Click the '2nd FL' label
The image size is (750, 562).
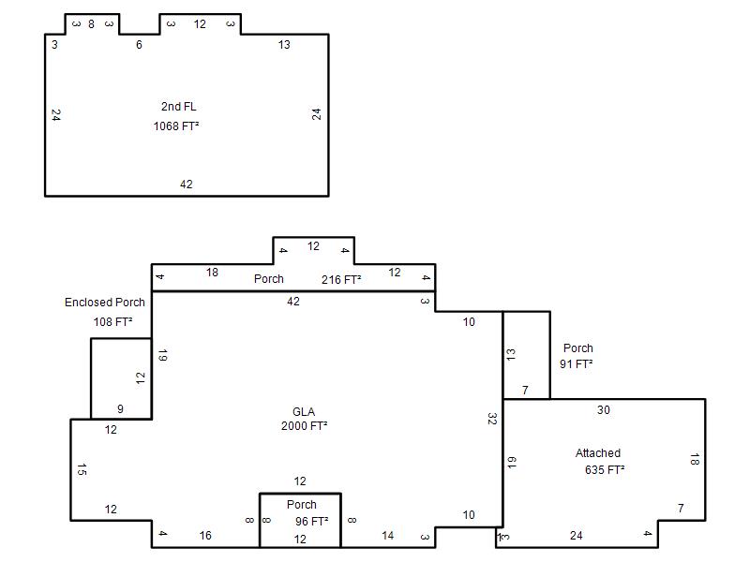click(x=178, y=107)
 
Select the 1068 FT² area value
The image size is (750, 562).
click(x=176, y=126)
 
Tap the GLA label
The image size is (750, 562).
click(x=304, y=411)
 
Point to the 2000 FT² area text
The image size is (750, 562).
click(x=304, y=426)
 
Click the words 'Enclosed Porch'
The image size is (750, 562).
click(x=105, y=303)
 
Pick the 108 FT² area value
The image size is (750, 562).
click(x=112, y=321)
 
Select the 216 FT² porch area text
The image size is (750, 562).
click(x=341, y=279)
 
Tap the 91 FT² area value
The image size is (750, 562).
click(x=577, y=364)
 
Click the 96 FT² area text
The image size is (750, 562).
click(x=312, y=522)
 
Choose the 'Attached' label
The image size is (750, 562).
click(x=598, y=453)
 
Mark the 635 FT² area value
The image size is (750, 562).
click(x=605, y=470)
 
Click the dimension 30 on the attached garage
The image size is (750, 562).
click(x=604, y=410)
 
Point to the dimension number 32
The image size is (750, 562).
click(x=492, y=419)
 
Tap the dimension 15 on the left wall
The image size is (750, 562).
click(x=82, y=470)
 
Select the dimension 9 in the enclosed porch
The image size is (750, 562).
click(x=121, y=409)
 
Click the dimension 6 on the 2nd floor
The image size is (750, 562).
click(x=139, y=45)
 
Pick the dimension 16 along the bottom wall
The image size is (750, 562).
click(x=205, y=535)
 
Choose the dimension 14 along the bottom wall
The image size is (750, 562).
click(x=388, y=535)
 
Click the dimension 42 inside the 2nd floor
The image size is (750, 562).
click(x=186, y=185)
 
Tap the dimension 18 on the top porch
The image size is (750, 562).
click(x=213, y=273)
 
